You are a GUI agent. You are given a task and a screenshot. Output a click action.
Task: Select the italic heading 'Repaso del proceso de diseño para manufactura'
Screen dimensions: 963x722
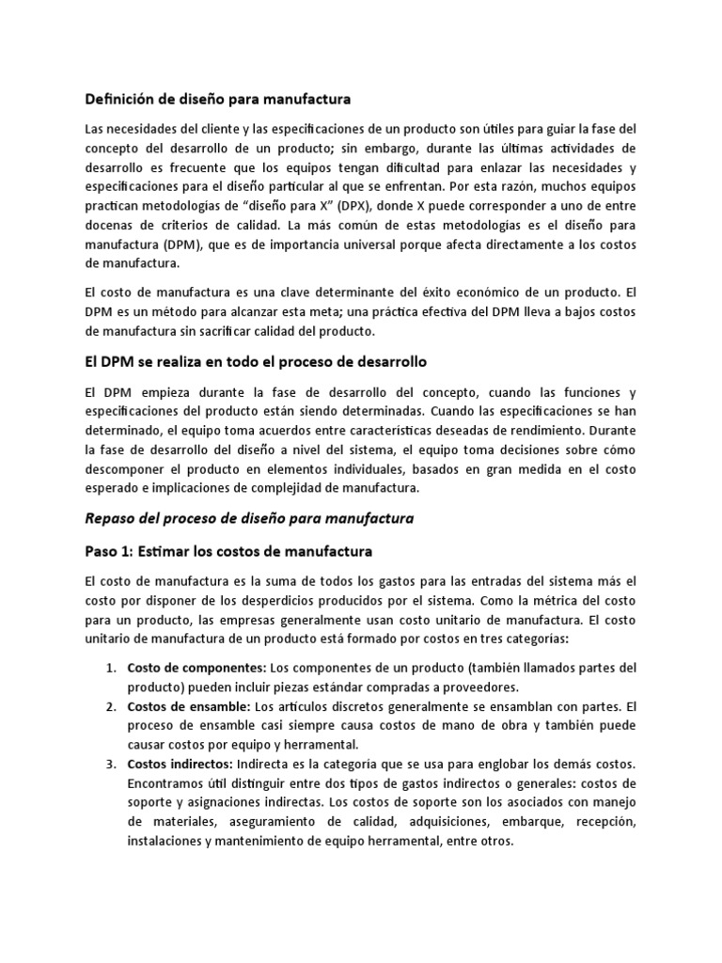tap(249, 518)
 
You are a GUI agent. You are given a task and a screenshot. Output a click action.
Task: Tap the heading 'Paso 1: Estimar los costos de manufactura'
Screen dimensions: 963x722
tap(229, 550)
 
